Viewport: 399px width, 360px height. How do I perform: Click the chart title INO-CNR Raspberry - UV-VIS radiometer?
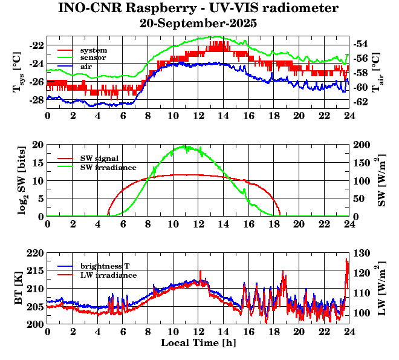[x=198, y=8]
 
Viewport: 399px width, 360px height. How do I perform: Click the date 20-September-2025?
[x=198, y=24]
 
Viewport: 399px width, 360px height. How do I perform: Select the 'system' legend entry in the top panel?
[x=93, y=50]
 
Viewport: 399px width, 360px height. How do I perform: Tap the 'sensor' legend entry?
[x=93, y=57]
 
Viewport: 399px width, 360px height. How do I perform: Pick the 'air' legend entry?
[x=87, y=65]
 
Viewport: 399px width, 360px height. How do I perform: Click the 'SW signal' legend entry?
[x=100, y=159]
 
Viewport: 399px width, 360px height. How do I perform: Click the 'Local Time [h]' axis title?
[x=198, y=343]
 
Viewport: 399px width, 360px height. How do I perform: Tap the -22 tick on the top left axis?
[x=36, y=45]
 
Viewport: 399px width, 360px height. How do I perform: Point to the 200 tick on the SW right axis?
[x=362, y=145]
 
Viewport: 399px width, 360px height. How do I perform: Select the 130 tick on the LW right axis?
[x=362, y=253]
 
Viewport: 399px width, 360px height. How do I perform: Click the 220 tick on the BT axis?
[x=35, y=253]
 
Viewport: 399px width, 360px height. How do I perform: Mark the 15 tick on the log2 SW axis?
[x=38, y=163]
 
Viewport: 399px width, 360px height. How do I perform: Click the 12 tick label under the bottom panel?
[x=198, y=332]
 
